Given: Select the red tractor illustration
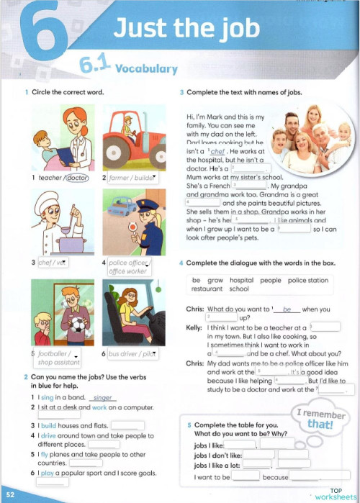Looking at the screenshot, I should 131,136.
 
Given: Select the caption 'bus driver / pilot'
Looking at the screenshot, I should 131,355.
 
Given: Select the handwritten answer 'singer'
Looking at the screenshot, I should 104,397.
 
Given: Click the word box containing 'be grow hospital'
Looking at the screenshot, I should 260,284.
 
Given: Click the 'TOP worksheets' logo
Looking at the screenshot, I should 335,494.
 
